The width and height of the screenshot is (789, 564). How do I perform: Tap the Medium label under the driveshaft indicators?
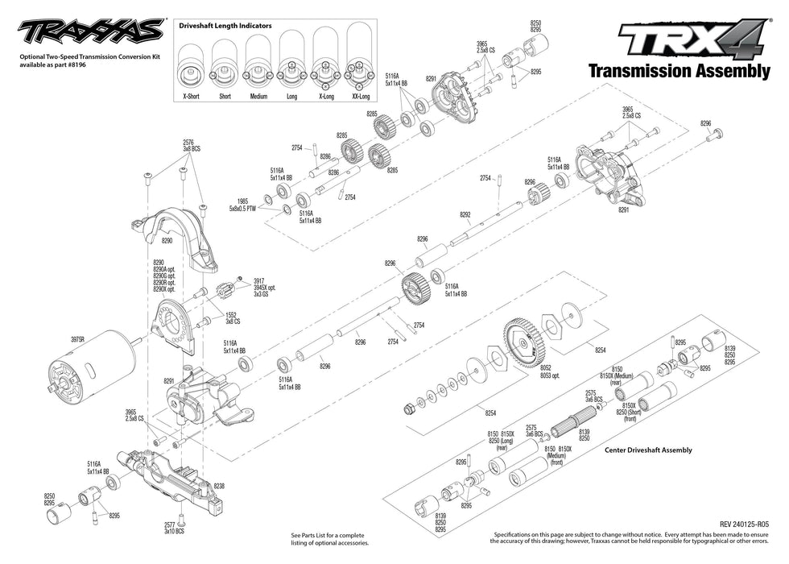pyautogui.click(x=258, y=96)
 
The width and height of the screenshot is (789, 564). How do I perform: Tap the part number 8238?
pyautogui.click(x=219, y=487)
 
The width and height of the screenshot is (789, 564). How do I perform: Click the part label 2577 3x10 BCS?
pyautogui.click(x=174, y=527)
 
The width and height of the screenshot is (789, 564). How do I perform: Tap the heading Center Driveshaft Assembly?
pyautogui.click(x=648, y=450)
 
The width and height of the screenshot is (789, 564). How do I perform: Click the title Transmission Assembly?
pyautogui.click(x=679, y=70)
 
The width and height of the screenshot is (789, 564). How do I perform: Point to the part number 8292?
pyautogui.click(x=465, y=214)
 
